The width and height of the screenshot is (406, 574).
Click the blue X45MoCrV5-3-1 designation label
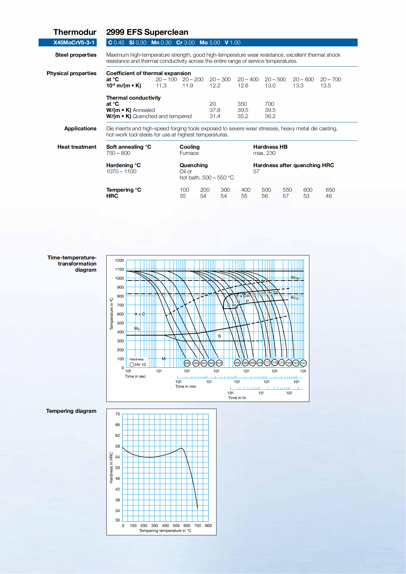coord(74,42)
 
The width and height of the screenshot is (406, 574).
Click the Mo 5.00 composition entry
coord(209,42)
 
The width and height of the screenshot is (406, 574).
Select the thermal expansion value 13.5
coord(325,85)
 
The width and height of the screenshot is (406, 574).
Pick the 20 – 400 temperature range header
coord(248,79)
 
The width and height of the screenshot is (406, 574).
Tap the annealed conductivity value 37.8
coord(215,110)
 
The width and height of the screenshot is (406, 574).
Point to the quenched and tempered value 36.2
coord(270,116)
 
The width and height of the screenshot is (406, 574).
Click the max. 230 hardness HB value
coord(264,153)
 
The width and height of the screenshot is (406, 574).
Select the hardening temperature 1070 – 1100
coord(121,172)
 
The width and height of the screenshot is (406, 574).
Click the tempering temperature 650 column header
coord(330,190)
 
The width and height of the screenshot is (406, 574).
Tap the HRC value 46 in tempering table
coord(328,196)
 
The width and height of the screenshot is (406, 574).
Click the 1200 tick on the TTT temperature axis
coord(119,260)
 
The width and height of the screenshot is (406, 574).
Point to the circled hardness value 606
coord(187,363)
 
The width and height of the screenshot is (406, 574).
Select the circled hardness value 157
coord(303,363)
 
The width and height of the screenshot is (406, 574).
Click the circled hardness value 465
coord(237,362)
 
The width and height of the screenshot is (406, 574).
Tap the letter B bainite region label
coord(219,336)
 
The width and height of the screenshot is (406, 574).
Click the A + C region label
coord(139,314)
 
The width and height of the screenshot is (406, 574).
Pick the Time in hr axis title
coord(237,398)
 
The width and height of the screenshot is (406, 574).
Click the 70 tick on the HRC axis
coord(118,414)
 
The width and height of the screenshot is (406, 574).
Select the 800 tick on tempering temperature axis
coord(208,525)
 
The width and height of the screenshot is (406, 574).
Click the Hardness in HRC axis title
coord(111,467)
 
